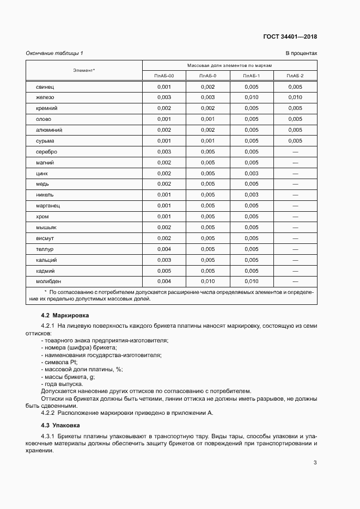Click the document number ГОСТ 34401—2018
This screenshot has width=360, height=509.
point(290,37)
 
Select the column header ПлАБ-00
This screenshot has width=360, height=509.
point(164,76)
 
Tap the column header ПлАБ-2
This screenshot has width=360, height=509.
point(295,76)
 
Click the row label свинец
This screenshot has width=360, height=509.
point(45,87)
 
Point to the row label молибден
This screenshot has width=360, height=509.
point(48,281)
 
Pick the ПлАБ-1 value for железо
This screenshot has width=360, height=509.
point(252,97)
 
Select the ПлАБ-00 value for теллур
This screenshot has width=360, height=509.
point(164,249)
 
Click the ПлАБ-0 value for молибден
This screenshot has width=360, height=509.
point(208,281)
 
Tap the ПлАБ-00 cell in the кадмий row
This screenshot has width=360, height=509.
point(164,271)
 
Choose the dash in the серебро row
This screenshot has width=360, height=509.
point(295,152)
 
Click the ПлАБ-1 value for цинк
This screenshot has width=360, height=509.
point(252,173)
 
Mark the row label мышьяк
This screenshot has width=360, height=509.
point(46,228)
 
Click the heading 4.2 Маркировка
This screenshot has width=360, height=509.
point(65,316)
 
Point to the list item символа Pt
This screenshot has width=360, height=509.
point(60,362)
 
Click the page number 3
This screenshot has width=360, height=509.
point(315,463)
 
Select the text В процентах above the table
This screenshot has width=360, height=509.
point(301,53)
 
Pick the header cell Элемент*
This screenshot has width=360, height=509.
point(84,70)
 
